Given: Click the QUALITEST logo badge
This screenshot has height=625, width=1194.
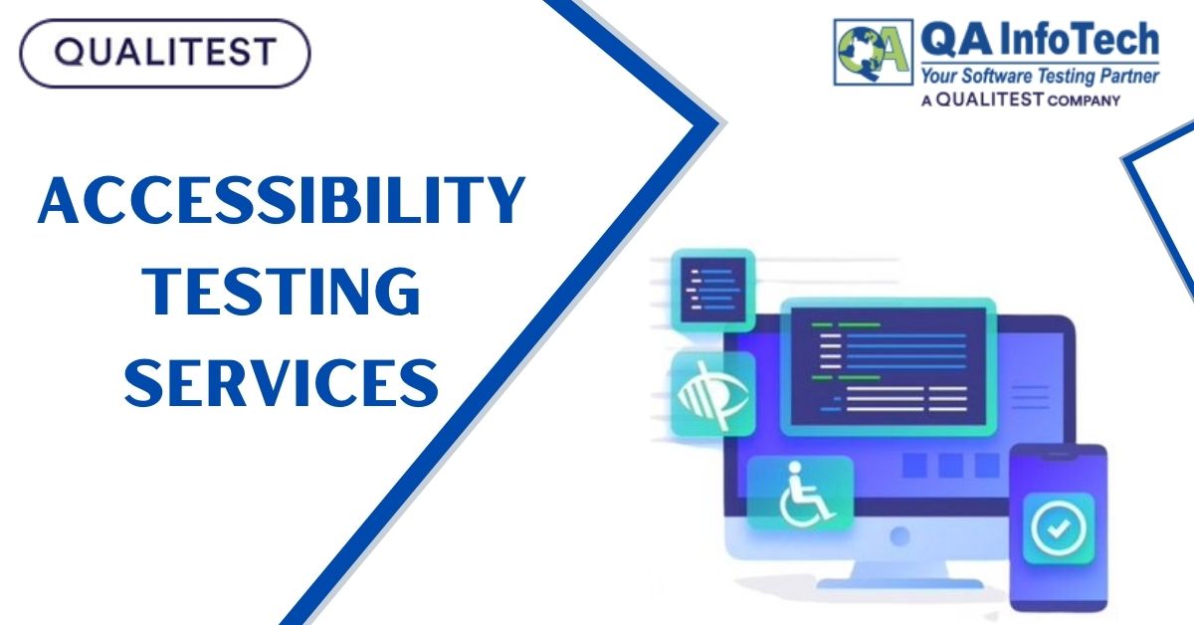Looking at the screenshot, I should point(164,51).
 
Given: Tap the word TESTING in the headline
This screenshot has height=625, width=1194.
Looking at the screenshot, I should point(281,291).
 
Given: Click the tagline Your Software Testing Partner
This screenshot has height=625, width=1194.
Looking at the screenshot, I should point(1039,76).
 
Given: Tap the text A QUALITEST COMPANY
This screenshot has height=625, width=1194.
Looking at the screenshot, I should point(1020,100).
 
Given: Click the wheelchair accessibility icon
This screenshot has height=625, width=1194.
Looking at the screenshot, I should point(800,492).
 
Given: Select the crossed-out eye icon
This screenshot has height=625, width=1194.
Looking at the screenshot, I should point(712,394).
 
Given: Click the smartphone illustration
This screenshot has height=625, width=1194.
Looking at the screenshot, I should point(1058,527).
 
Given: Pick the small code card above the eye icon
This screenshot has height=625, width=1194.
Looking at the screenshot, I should point(712,288).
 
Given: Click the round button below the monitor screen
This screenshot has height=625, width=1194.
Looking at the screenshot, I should point(900,535).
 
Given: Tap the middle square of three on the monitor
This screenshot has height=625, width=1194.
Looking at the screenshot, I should point(950,465).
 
